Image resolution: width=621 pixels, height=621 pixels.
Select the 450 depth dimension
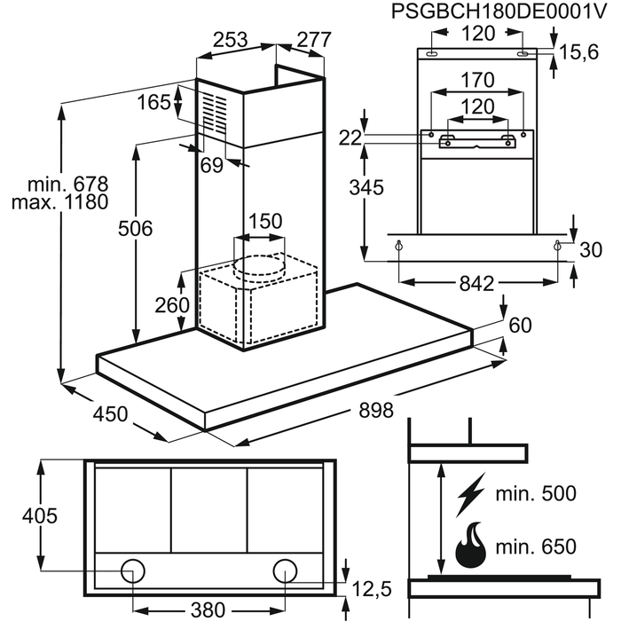(x=110, y=413)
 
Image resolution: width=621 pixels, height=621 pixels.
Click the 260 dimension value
(x=172, y=305)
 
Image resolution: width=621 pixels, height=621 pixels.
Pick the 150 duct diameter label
(x=264, y=221)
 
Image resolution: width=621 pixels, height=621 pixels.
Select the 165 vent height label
(x=153, y=103)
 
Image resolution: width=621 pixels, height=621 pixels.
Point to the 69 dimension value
(x=211, y=164)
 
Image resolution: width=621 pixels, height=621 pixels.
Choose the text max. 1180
(x=59, y=202)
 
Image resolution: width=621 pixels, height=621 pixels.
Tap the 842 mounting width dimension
(x=477, y=284)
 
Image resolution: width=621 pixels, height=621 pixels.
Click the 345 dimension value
(x=366, y=187)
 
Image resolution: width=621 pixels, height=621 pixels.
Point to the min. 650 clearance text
(x=537, y=546)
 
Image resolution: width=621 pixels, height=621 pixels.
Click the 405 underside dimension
(x=39, y=515)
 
